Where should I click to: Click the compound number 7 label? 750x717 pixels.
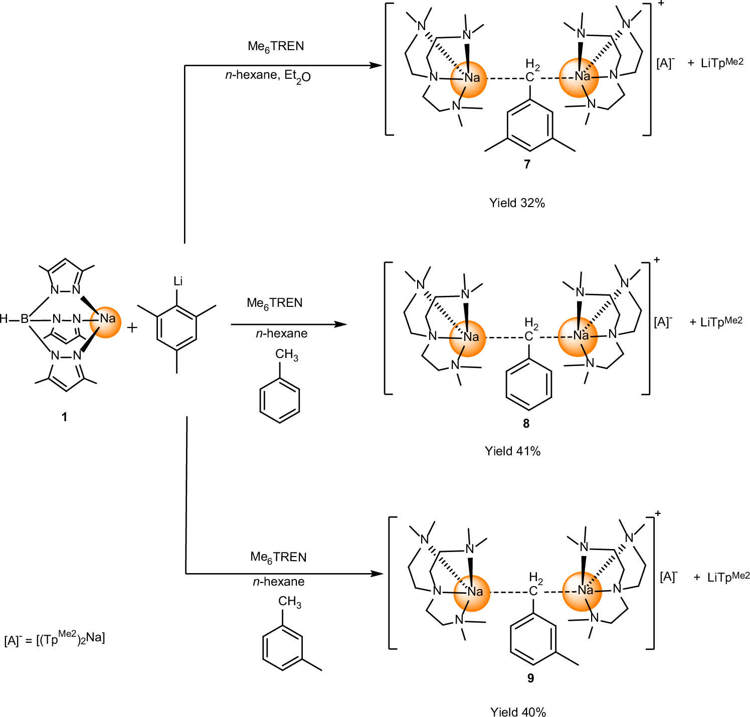(x=527, y=164)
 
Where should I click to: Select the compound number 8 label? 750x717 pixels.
(x=526, y=424)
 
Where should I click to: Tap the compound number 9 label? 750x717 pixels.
(x=530, y=678)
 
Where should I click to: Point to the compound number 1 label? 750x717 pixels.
(x=64, y=417)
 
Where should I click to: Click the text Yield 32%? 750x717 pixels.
(x=517, y=203)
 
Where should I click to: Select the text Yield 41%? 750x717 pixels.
(x=512, y=451)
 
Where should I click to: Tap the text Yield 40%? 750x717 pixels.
(x=518, y=712)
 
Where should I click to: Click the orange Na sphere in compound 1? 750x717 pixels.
(x=106, y=322)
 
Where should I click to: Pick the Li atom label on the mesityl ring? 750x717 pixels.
(x=177, y=281)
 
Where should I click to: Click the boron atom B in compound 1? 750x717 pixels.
(x=24, y=319)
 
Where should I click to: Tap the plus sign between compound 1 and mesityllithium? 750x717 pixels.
(x=132, y=328)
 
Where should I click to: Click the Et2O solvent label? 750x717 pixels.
(x=297, y=76)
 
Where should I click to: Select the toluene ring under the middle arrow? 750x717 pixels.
(x=280, y=400)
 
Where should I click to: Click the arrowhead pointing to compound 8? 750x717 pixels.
(x=341, y=324)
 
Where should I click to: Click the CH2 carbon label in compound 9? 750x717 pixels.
(x=533, y=591)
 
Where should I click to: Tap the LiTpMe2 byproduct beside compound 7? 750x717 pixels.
(x=722, y=63)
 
